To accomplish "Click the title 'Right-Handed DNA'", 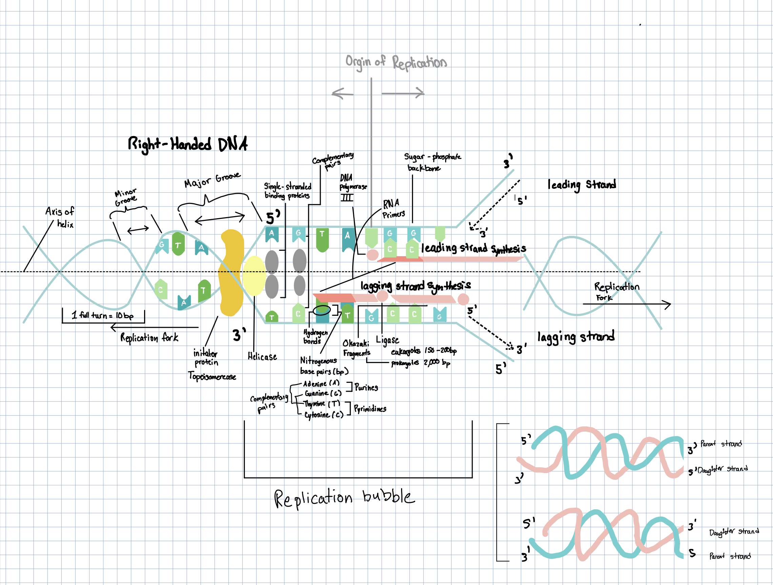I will click(188, 144).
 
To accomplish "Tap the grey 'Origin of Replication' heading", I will click(396, 62).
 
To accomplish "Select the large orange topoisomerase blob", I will click(231, 273).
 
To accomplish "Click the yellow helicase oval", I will click(254, 276).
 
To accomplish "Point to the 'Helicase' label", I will click(262, 357).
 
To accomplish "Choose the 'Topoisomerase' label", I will click(212, 376).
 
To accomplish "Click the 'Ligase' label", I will click(387, 340).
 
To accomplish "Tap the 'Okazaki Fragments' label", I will click(356, 348).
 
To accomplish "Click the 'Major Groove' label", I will click(212, 180).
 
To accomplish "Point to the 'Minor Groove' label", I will click(125, 197).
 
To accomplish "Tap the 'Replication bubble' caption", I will click(344, 498).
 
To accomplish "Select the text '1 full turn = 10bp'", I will click(102, 315).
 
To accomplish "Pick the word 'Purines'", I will click(366, 387).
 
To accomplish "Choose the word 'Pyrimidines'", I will click(370, 409).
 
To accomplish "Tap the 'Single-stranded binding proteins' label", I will click(287, 191).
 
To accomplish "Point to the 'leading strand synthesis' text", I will click(473, 248).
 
